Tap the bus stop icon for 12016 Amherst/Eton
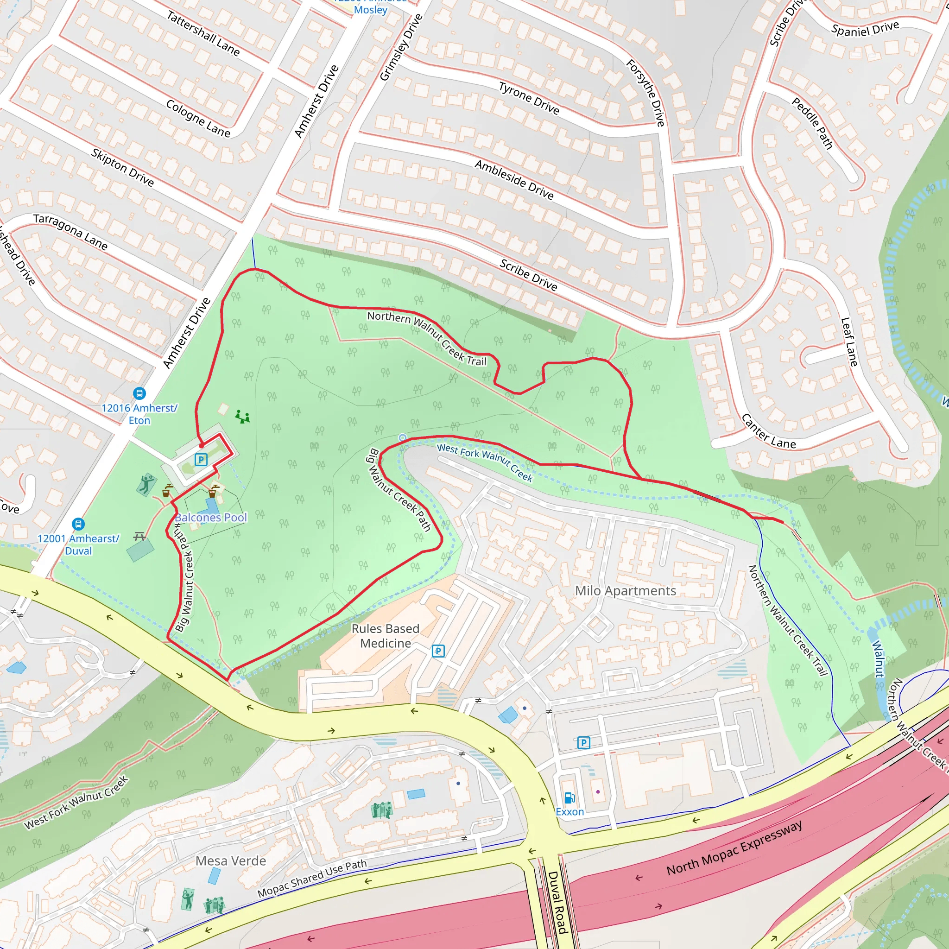(139, 393)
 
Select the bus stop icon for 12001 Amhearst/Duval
(78, 524)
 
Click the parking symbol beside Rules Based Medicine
(438, 652)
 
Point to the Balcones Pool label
(211, 517)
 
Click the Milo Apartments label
(625, 590)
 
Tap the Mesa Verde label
(231, 860)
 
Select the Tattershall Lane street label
(203, 33)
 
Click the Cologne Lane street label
(198, 118)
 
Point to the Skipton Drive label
(122, 167)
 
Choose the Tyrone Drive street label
(529, 98)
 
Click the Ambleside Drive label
(514, 180)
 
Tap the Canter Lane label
(768, 431)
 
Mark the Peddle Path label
(812, 123)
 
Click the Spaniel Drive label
(865, 29)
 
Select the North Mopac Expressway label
(734, 848)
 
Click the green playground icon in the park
(242, 417)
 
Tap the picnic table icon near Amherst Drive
(139, 537)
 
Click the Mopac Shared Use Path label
(312, 878)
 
